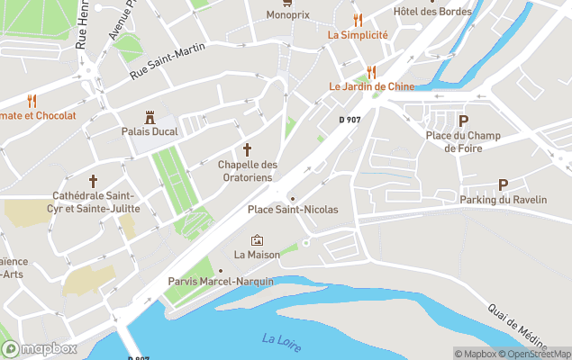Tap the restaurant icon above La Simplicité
tap(358, 19)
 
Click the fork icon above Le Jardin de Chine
tap(369, 72)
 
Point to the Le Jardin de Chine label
tap(370, 87)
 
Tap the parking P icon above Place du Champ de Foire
tap(463, 121)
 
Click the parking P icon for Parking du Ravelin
tap(503, 184)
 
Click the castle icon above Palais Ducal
tap(151, 117)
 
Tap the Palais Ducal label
tap(151, 131)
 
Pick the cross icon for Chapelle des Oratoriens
tap(247, 149)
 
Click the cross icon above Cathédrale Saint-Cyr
tap(93, 181)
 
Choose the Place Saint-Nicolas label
tap(293, 210)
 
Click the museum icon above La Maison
tap(257, 240)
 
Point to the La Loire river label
tap(282, 343)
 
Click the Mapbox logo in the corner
tap(40, 348)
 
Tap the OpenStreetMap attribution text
tap(538, 354)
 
